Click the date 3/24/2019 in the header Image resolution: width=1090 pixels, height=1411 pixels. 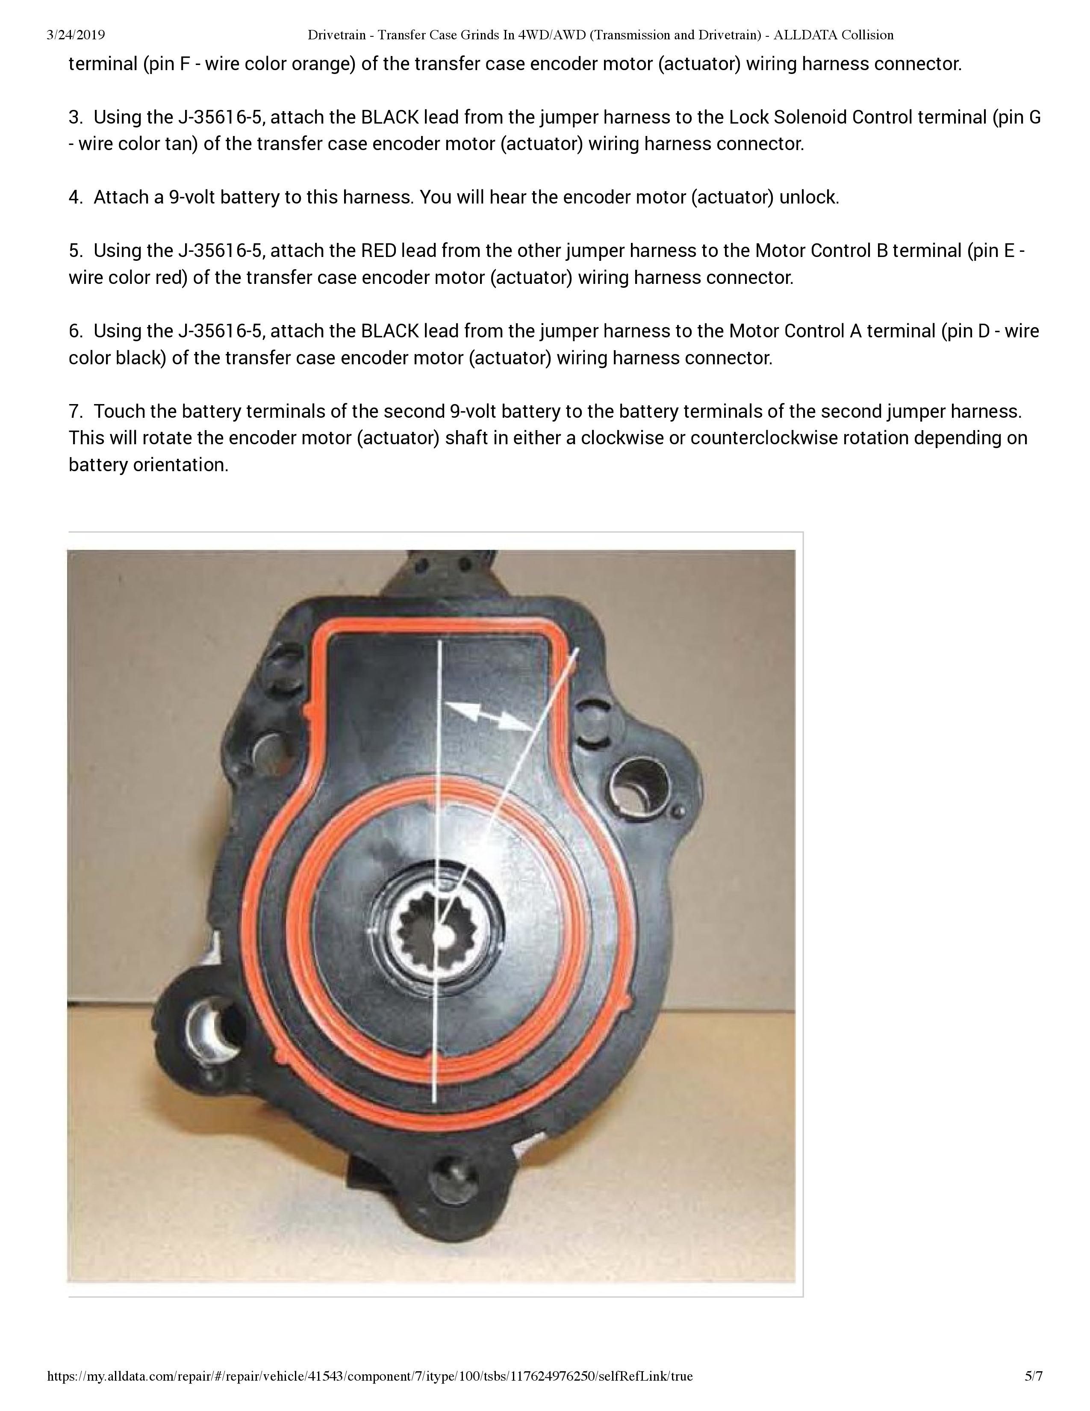(76, 35)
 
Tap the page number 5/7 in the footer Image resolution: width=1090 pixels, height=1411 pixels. (1033, 1376)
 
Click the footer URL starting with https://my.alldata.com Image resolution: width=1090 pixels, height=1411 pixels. (369, 1376)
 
